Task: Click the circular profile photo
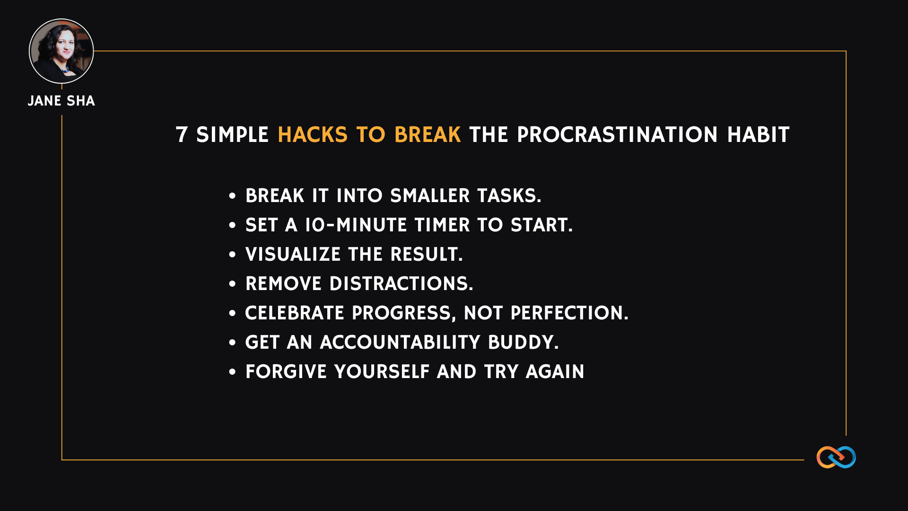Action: [61, 51]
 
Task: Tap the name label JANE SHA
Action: [61, 101]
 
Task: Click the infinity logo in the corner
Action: [836, 457]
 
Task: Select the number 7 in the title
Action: [182, 135]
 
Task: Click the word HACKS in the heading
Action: [313, 135]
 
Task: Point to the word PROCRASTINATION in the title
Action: [618, 135]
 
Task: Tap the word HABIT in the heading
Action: [759, 135]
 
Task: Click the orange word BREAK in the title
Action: [428, 135]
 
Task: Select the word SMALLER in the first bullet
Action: [430, 196]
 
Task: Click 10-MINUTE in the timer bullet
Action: [356, 225]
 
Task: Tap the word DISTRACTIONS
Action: [402, 284]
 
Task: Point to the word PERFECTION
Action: [569, 313]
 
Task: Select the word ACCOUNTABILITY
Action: [400, 343]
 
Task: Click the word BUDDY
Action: [523, 343]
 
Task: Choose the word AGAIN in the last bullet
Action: [555, 372]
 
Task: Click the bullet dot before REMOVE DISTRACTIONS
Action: [232, 284]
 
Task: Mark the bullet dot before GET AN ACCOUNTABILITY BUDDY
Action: [232, 343]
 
